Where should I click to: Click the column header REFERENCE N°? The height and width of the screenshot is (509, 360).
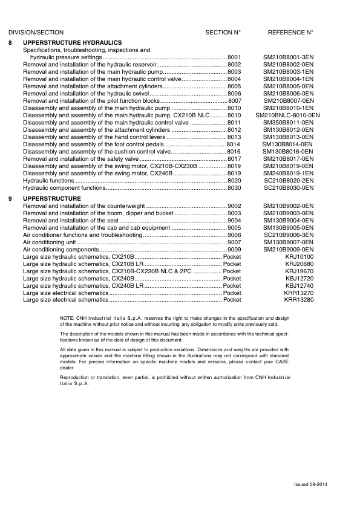[x=290, y=32]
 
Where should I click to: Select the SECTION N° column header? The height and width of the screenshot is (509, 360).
[x=223, y=32]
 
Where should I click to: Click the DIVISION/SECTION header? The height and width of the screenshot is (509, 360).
[x=36, y=32]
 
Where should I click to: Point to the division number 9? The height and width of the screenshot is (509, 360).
[x=10, y=198]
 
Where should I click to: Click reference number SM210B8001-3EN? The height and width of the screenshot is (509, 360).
[x=288, y=57]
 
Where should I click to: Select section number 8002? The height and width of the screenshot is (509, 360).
[x=234, y=64]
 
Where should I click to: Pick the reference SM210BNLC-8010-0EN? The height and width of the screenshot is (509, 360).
[x=288, y=115]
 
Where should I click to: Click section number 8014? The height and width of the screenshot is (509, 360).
[x=233, y=144]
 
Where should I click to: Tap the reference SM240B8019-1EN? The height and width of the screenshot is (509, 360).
[x=288, y=173]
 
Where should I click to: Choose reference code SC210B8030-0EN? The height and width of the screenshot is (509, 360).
[x=288, y=188]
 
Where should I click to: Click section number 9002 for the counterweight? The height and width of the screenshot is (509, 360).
[x=234, y=206]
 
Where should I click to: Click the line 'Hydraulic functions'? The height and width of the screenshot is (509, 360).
[x=48, y=181]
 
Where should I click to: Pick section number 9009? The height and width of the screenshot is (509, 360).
[x=234, y=250]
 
